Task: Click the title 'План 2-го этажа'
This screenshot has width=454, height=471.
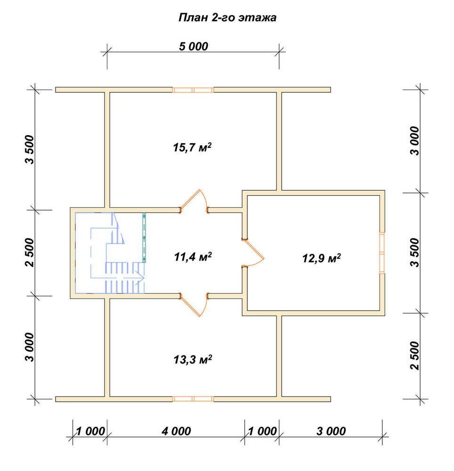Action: pyautogui.click(x=227, y=18)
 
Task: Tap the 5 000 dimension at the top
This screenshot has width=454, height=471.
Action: pyautogui.click(x=194, y=47)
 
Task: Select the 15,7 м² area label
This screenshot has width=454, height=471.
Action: pyautogui.click(x=192, y=147)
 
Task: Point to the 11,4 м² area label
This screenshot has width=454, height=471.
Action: pyautogui.click(x=193, y=257)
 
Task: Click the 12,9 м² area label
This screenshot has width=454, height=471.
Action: pyautogui.click(x=321, y=258)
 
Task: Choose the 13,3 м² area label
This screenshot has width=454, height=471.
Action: pyautogui.click(x=193, y=359)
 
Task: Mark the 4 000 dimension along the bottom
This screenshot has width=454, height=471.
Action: pyautogui.click(x=176, y=431)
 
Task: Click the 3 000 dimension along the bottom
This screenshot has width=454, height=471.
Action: pyautogui.click(x=331, y=431)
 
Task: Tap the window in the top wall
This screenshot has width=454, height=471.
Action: pyautogui.click(x=193, y=90)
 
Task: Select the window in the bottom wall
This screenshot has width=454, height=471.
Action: pyautogui.click(x=193, y=399)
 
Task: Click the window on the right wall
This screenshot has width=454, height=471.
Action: pyautogui.click(x=382, y=253)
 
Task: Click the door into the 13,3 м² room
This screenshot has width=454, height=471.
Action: pyautogui.click(x=194, y=305)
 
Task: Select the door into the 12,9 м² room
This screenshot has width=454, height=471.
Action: pyautogui.click(x=253, y=253)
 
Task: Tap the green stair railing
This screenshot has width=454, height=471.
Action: pyautogui.click(x=144, y=237)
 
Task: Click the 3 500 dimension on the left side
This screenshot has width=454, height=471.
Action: pyautogui.click(x=30, y=149)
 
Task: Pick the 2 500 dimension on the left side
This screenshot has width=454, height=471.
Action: pyautogui.click(x=30, y=252)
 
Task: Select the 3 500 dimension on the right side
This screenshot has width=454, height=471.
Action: pyautogui.click(x=414, y=252)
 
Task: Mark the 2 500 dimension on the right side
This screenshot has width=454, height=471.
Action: pyautogui.click(x=414, y=355)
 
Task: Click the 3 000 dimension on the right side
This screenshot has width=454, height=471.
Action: pyautogui.click(x=414, y=140)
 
